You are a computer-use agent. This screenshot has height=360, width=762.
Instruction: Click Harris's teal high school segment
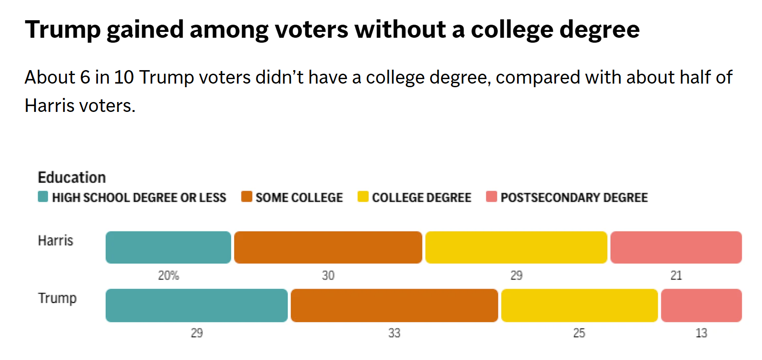pyautogui.click(x=168, y=247)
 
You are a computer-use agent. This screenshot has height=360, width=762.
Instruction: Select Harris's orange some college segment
pyautogui.click(x=328, y=247)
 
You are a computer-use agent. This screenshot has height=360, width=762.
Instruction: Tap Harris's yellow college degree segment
pyautogui.click(x=516, y=247)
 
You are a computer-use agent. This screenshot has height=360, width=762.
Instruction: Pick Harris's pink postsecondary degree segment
pyautogui.click(x=676, y=247)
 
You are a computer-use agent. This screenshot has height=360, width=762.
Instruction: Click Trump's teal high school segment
pyautogui.click(x=196, y=305)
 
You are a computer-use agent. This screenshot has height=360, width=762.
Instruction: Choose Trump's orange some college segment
pyautogui.click(x=394, y=305)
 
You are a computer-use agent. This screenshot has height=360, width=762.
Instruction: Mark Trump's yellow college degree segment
pyautogui.click(x=579, y=305)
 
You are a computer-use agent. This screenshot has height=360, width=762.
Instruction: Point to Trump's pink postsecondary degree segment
pyautogui.click(x=701, y=305)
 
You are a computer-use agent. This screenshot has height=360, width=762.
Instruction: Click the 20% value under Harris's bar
pyautogui.click(x=169, y=276)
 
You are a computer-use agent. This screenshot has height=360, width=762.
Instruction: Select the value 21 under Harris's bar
pyautogui.click(x=676, y=276)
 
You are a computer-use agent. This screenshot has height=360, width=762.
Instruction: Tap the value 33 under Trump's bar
pyautogui.click(x=394, y=333)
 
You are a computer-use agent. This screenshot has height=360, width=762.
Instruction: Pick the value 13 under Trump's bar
pyautogui.click(x=701, y=333)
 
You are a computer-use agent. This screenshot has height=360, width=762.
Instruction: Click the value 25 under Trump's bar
pyautogui.click(x=579, y=333)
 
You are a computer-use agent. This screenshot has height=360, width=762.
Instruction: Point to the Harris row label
pyautogui.click(x=55, y=240)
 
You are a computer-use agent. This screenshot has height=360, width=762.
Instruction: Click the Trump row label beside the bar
pyautogui.click(x=57, y=298)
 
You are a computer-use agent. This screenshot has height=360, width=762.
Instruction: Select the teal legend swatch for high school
pyautogui.click(x=43, y=197)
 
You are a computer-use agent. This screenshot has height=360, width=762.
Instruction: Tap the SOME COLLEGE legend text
pyautogui.click(x=299, y=198)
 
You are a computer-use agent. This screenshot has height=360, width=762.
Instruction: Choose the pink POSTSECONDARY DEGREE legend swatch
pyautogui.click(x=491, y=197)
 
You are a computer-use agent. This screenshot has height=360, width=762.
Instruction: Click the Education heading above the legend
pyautogui.click(x=72, y=178)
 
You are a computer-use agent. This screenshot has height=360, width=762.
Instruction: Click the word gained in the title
pyautogui.click(x=145, y=30)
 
